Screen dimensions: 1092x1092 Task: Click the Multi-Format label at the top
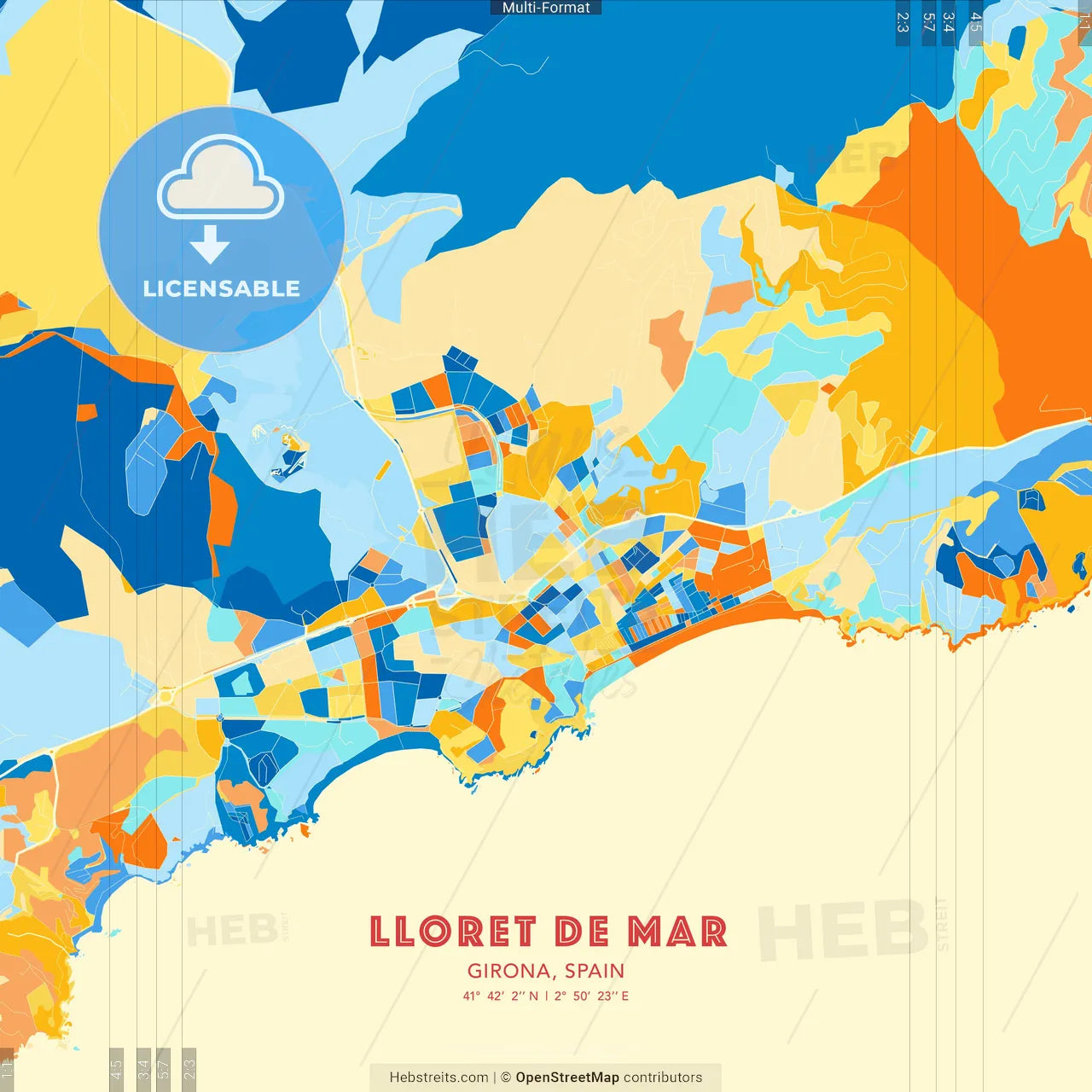pyautogui.click(x=546, y=8)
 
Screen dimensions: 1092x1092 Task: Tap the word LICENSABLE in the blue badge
pyautogui.click(x=222, y=288)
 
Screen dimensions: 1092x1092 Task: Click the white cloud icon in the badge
pyautogui.click(x=221, y=179)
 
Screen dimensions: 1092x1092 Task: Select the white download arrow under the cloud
pyautogui.click(x=210, y=244)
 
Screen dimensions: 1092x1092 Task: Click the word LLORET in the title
pyautogui.click(x=453, y=932)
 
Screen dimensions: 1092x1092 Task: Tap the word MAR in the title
pyautogui.click(x=677, y=932)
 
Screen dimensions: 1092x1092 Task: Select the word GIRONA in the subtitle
pyautogui.click(x=508, y=971)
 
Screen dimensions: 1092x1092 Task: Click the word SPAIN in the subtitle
pyautogui.click(x=595, y=971)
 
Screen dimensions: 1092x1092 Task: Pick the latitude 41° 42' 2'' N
pyautogui.click(x=501, y=996)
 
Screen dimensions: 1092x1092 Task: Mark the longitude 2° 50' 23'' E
pyautogui.click(x=591, y=996)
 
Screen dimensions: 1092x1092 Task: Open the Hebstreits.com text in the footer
pyautogui.click(x=439, y=1077)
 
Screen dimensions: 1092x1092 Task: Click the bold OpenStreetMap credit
pyautogui.click(x=567, y=1077)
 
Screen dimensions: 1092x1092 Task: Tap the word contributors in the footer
pyautogui.click(x=663, y=1077)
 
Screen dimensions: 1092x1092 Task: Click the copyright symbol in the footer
pyautogui.click(x=506, y=1077)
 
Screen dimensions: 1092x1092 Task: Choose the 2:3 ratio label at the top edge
pyautogui.click(x=903, y=22)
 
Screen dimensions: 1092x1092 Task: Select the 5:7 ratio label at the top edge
pyautogui.click(x=928, y=22)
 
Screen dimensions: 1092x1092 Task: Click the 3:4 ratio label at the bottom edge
pyautogui.click(x=143, y=1069)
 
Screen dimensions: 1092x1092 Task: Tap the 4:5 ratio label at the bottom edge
pyautogui.click(x=116, y=1069)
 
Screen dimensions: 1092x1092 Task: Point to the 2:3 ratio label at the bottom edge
pyautogui.click(x=189, y=1069)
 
